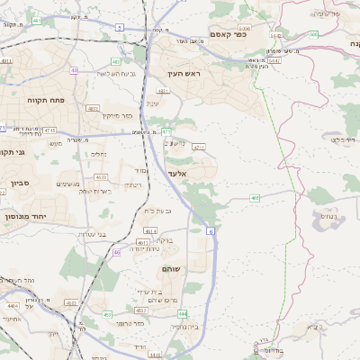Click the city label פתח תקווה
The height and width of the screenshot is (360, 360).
pos(42,100)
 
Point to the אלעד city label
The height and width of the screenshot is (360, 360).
pos(175,172)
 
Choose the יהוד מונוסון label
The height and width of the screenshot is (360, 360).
pos(24,217)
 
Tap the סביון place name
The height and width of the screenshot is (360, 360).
pos(20,183)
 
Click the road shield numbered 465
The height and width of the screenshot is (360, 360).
pos(256,197)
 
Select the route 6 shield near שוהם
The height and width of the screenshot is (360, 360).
pos(211,231)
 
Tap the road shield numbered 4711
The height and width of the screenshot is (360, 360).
pos(200,146)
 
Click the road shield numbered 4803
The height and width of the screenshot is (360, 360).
pos(93,108)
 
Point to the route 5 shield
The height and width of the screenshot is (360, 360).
pos(120,28)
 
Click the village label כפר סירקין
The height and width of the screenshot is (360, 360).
pos(117,115)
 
